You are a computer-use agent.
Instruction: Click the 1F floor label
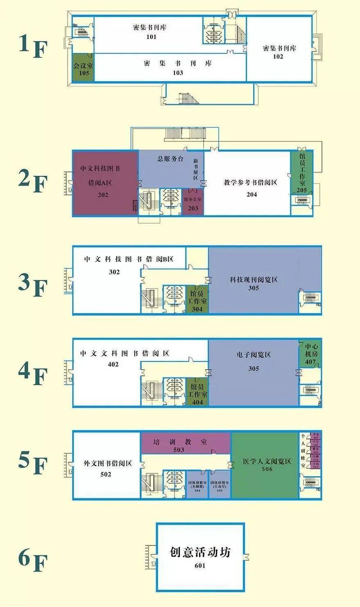coord(33,46)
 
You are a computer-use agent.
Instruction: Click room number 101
coord(151,37)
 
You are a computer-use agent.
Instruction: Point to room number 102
coord(278,57)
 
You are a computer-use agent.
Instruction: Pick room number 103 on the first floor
coord(178,73)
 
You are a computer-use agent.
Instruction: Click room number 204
coord(251,194)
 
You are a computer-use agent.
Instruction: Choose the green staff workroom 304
coord(197,300)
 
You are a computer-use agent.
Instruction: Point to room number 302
coord(114,272)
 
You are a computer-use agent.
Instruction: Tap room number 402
coord(113,364)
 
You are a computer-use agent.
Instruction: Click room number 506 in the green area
coord(267,469)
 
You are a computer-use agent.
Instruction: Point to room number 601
coord(200,566)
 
